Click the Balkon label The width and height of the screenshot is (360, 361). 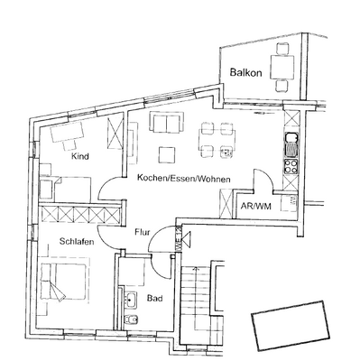click(246, 72)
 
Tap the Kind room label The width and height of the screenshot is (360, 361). click(80, 156)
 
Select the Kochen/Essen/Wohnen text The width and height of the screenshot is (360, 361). click(184, 179)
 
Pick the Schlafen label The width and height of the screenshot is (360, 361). click(78, 242)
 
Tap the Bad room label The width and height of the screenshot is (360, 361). click(154, 296)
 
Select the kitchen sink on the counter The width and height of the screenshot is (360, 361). click(292, 141)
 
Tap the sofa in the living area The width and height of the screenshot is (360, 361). click(167, 124)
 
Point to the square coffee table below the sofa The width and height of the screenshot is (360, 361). click(168, 152)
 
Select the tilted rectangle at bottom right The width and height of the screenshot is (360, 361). click(289, 323)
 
